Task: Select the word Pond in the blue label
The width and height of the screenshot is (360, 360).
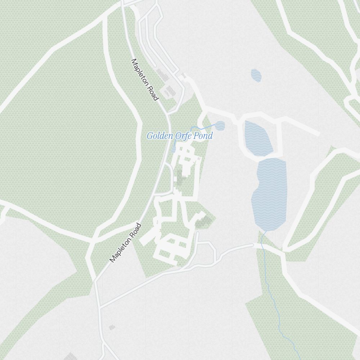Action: tap(203, 136)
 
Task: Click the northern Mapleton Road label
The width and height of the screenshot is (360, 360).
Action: tap(145, 80)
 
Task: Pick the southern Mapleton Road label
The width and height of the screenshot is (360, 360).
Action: tap(126, 243)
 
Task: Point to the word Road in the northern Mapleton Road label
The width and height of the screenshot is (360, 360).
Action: tap(153, 93)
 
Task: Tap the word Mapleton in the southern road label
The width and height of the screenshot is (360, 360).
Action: tap(121, 248)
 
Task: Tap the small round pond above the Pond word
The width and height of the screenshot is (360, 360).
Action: tap(220, 126)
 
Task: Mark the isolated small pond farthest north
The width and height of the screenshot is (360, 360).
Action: tap(256, 75)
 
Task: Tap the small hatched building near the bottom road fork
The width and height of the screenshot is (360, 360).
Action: tap(112, 327)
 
